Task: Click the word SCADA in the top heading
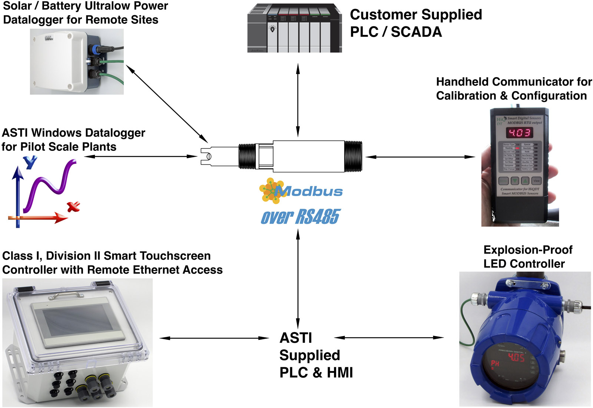tap(416, 32)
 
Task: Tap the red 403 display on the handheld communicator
tap(520, 132)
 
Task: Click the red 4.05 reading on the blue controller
tap(516, 358)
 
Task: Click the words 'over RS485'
tap(300, 217)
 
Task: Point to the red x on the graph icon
tap(73, 206)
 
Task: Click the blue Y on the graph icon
tap(30, 162)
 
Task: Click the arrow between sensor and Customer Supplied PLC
tap(298, 100)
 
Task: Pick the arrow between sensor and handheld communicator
tap(420, 157)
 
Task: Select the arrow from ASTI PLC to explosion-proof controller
tap(389, 338)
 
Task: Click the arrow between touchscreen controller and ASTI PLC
tap(214, 338)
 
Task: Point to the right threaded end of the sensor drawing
tap(353, 156)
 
